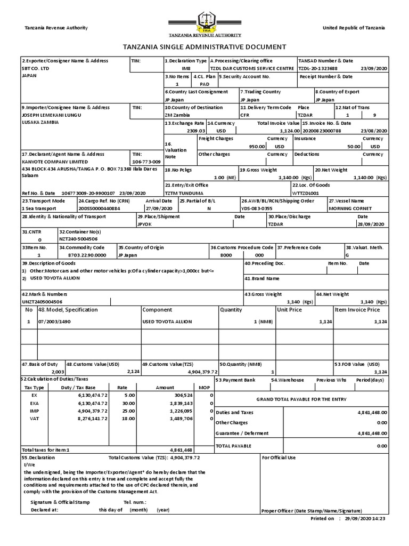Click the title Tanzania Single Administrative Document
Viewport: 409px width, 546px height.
pyautogui.click(x=204, y=47)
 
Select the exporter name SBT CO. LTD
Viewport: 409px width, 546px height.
pyautogui.click(x=35, y=69)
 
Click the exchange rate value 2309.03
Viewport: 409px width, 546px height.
pyautogui.click(x=195, y=130)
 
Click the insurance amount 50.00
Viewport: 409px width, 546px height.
pyautogui.click(x=354, y=146)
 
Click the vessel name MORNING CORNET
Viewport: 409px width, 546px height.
pyautogui.click(x=350, y=208)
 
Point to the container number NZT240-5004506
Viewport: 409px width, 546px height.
pyautogui.click(x=78, y=239)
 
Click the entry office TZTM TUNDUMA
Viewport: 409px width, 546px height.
pyautogui.click(x=184, y=192)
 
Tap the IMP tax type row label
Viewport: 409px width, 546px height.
pyautogui.click(x=35, y=411)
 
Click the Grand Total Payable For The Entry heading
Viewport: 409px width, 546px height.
pyautogui.click(x=301, y=399)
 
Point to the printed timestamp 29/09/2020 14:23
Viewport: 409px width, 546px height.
pyautogui.click(x=365, y=518)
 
